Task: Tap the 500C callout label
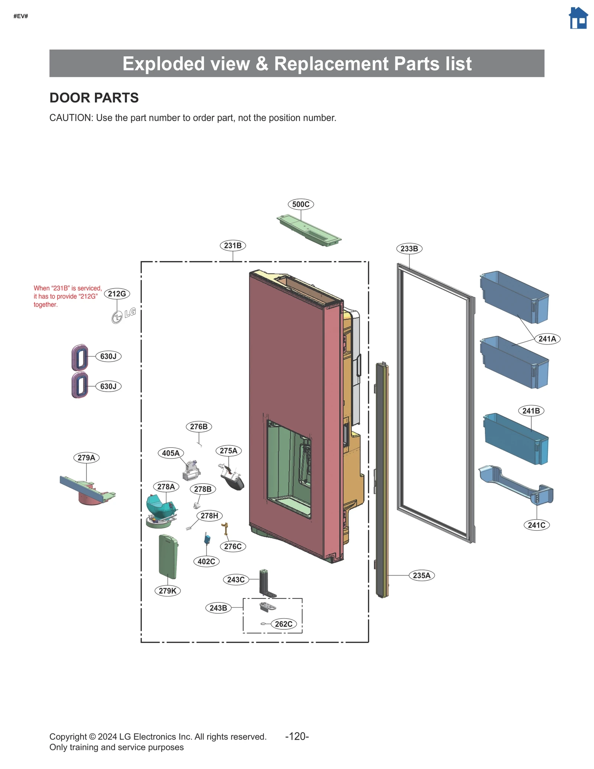[x=300, y=204]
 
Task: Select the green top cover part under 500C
[x=309, y=230]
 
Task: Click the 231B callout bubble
[x=233, y=245]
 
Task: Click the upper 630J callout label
[x=108, y=356]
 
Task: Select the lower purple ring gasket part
[x=80, y=385]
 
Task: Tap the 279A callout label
[x=86, y=457]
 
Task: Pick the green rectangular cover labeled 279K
[x=168, y=556]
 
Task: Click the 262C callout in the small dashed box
[x=283, y=624]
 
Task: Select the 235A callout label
[x=421, y=575]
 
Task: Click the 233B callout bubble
[x=409, y=248]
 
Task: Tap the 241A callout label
[x=547, y=339]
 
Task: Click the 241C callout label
[x=536, y=525]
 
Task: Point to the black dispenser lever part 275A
[x=232, y=479]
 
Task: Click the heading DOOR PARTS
[x=94, y=98]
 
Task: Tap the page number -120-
[x=297, y=736]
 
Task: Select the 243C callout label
[x=236, y=579]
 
